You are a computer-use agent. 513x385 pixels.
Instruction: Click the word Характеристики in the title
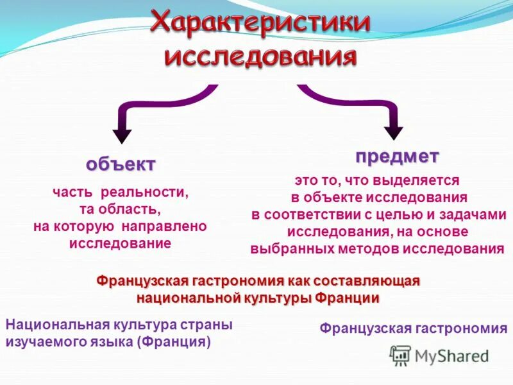pyautogui.click(x=260, y=24)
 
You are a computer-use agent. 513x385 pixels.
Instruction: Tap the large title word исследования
pyautogui.click(x=260, y=56)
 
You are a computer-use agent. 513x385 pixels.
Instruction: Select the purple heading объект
pyautogui.click(x=121, y=164)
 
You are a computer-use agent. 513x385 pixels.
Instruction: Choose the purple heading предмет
pyautogui.click(x=397, y=155)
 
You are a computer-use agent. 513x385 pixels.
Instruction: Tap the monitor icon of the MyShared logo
pyautogui.click(x=400, y=355)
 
